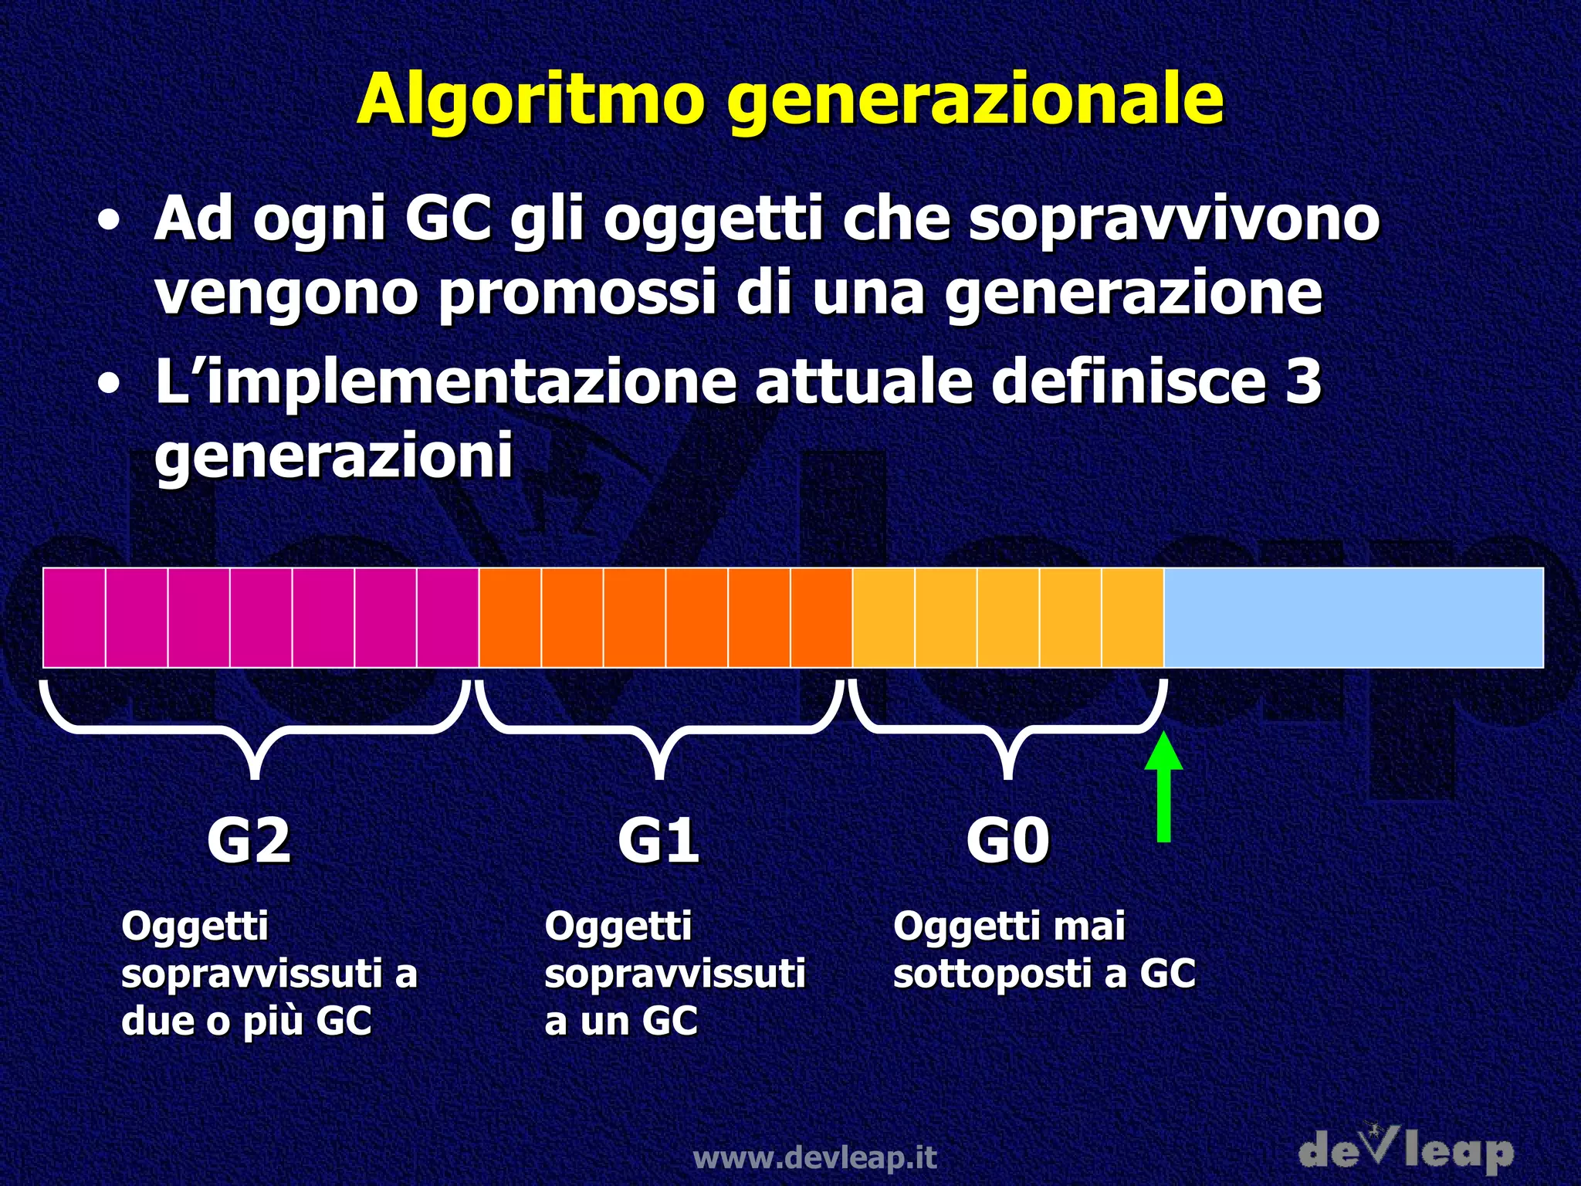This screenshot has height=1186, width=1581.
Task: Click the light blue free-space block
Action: point(1352,617)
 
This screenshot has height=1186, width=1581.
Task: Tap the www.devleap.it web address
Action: point(815,1157)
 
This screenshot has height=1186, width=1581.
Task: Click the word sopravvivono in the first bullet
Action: point(1173,219)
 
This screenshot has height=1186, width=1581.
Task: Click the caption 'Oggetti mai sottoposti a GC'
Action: point(1044,950)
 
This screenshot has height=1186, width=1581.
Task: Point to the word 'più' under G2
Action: point(273,1021)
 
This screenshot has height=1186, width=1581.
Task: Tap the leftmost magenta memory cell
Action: point(74,617)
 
